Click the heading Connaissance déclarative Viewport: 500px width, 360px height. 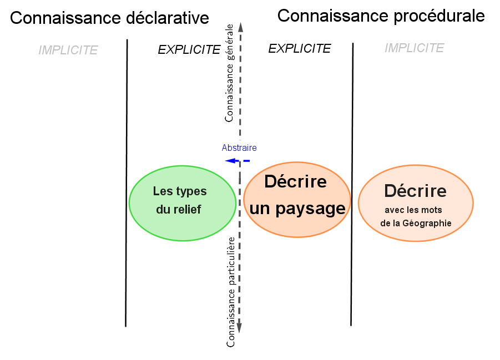coord(109,18)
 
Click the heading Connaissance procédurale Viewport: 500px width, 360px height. coord(381,16)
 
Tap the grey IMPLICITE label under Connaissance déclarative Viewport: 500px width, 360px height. coord(68,50)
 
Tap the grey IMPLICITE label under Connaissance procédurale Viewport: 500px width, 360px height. coord(414,48)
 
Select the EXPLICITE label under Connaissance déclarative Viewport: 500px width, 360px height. coord(189,50)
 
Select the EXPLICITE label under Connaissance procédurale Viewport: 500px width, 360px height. coord(299,49)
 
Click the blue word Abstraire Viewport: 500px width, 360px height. coord(239,148)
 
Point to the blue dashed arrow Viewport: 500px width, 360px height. coord(237,160)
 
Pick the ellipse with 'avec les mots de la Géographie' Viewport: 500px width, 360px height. coord(416,204)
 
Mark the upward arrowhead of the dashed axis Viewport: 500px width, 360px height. coord(240,26)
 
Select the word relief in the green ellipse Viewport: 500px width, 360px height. coord(187,210)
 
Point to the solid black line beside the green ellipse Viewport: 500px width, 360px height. coord(127,183)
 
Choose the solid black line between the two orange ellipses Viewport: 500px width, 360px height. coord(352,183)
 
